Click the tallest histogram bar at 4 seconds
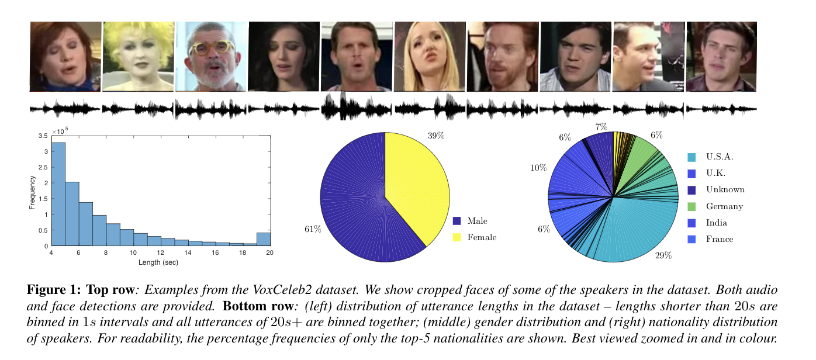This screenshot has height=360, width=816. pos(58,194)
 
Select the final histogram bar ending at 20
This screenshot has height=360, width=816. pos(264,239)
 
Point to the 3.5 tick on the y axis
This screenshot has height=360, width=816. pos(44,136)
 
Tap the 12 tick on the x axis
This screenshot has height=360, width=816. pos(161,252)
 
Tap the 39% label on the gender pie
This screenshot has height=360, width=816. pos(436,136)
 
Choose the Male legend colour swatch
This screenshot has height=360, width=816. pos(457,221)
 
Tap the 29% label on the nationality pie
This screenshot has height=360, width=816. pos(663,255)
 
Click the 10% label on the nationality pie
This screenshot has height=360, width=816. pos(538,168)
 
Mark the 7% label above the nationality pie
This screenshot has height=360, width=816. pos(601,127)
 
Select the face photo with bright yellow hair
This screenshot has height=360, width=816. pos(138,56)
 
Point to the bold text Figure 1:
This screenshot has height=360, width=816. pos(54,289)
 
